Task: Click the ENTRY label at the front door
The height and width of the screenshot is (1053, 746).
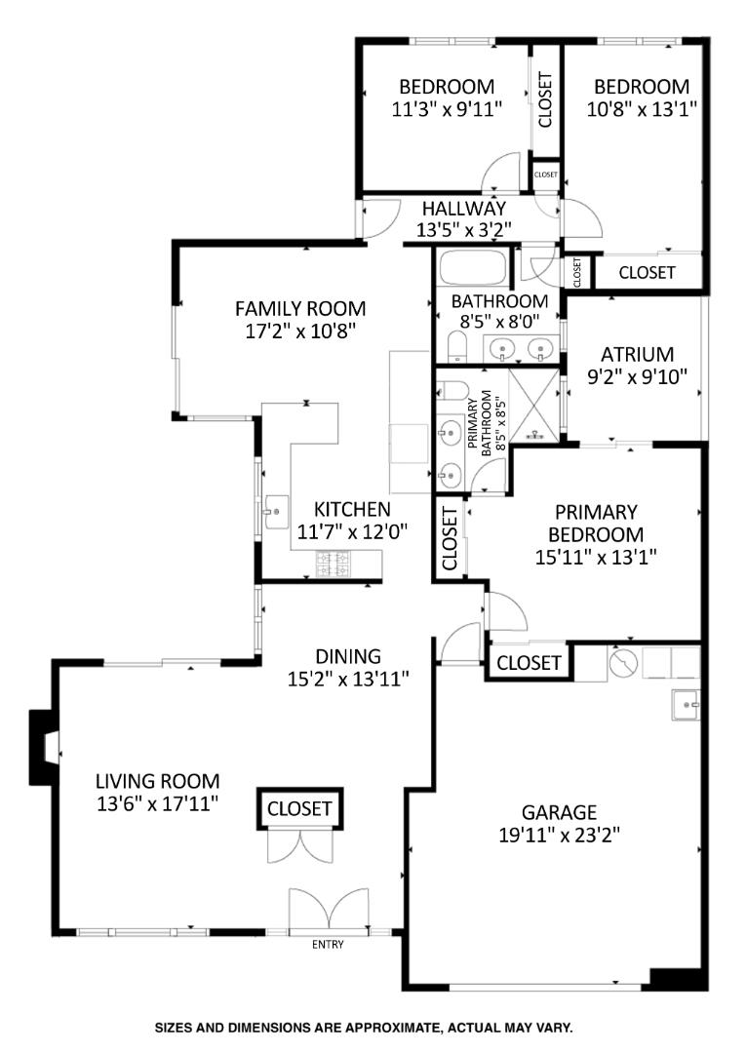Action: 328,944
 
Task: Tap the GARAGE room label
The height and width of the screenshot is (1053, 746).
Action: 558,812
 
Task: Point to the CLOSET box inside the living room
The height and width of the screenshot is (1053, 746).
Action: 300,808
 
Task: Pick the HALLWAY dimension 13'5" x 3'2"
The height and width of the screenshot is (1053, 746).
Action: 463,230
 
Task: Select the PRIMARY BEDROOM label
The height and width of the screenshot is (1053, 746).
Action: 595,523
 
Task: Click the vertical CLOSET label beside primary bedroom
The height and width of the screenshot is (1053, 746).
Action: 450,539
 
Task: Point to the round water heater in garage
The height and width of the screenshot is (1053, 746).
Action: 622,664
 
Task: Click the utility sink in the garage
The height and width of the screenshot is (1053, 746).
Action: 687,703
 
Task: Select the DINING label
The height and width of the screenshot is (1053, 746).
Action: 347,656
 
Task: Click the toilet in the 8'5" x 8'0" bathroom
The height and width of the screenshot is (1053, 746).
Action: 454,344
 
